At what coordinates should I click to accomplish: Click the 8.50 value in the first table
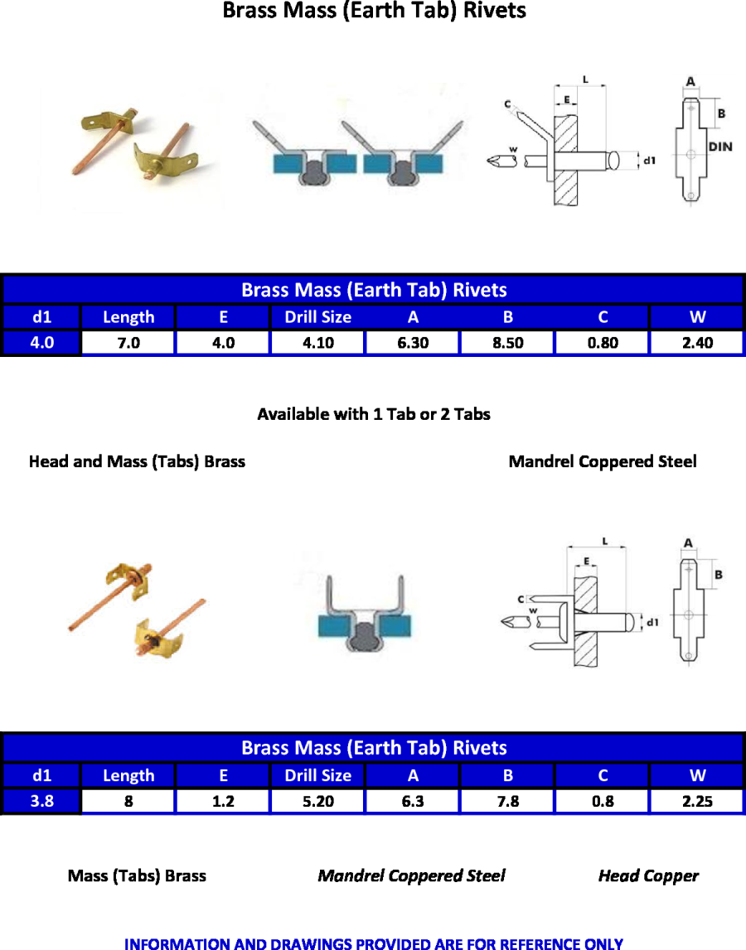(507, 343)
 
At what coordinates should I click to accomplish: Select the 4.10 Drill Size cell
(317, 343)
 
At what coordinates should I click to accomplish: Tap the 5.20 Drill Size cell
(317, 802)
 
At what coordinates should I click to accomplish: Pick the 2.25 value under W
(697, 802)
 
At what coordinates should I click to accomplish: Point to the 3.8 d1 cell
(41, 802)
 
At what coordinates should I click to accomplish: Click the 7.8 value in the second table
(507, 802)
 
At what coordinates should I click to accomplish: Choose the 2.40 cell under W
(697, 343)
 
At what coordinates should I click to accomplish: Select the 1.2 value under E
(223, 802)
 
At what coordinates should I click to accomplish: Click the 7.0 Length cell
(128, 343)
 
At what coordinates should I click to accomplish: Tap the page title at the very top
(374, 12)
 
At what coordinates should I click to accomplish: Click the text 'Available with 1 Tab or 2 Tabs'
(374, 414)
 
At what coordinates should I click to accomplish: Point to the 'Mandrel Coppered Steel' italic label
(411, 875)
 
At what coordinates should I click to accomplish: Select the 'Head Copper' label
(648, 875)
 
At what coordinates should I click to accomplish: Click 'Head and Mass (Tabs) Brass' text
(137, 461)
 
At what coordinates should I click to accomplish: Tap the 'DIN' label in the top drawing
(721, 147)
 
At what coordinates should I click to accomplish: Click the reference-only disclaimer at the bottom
(374, 943)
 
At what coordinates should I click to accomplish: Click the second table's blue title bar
(374, 748)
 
